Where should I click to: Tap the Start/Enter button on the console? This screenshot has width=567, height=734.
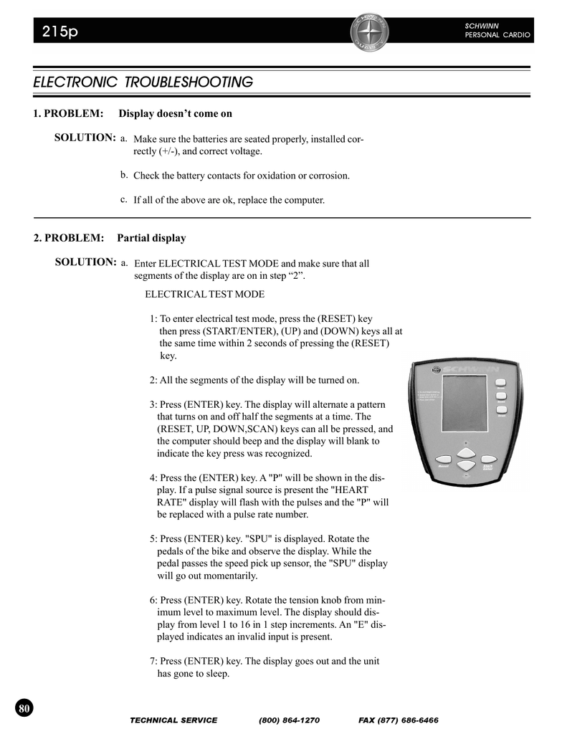[x=489, y=459]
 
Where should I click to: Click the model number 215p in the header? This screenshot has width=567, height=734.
[x=60, y=32]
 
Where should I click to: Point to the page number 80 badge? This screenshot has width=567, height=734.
[x=24, y=708]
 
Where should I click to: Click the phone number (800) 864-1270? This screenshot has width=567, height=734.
[x=289, y=720]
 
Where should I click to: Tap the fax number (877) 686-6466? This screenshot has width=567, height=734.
[x=398, y=720]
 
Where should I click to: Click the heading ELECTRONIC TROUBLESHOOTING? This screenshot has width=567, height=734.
[x=143, y=82]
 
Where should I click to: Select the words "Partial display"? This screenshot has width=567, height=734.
[x=151, y=237]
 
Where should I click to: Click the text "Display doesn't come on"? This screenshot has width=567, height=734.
[x=176, y=113]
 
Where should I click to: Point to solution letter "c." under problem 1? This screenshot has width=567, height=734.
[x=124, y=199]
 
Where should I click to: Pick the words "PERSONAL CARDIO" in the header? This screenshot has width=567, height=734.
[x=498, y=35]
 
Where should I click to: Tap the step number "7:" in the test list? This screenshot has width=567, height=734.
[x=154, y=661]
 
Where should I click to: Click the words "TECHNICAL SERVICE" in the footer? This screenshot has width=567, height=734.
[x=173, y=720]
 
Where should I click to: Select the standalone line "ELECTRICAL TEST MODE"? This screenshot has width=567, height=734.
[x=204, y=294]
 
